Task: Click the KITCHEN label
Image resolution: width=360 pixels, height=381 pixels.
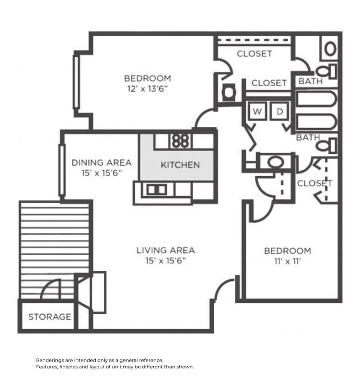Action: click(x=180, y=165)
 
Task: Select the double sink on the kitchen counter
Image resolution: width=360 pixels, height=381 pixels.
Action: click(x=156, y=190)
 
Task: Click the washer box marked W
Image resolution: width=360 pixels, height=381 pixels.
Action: click(x=256, y=112)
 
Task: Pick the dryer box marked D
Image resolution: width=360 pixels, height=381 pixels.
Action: click(x=279, y=112)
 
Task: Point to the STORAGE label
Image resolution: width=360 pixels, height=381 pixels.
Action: click(x=50, y=317)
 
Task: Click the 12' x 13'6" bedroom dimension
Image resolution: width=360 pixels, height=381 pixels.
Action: click(x=147, y=89)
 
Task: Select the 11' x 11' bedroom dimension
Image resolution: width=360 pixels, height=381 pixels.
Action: click(x=287, y=261)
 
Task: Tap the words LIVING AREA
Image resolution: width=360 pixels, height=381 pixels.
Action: click(x=166, y=250)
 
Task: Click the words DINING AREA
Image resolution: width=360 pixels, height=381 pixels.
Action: click(x=102, y=163)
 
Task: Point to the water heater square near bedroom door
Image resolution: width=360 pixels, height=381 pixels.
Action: click(x=229, y=93)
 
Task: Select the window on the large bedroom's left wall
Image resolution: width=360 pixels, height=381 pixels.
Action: click(x=76, y=82)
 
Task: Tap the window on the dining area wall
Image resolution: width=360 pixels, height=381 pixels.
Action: click(x=62, y=169)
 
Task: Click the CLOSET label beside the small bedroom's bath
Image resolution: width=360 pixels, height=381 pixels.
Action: click(x=314, y=183)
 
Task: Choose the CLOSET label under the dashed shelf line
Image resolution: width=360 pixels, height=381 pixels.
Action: click(x=254, y=54)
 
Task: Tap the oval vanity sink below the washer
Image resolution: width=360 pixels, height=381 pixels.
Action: click(x=274, y=161)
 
